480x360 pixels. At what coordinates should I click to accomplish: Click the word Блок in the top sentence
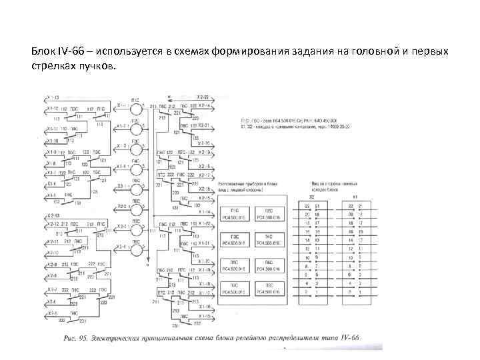click(x=42, y=51)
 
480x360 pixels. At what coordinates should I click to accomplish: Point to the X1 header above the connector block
click(x=354, y=197)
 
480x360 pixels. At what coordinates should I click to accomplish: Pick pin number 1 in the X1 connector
click(x=359, y=291)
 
